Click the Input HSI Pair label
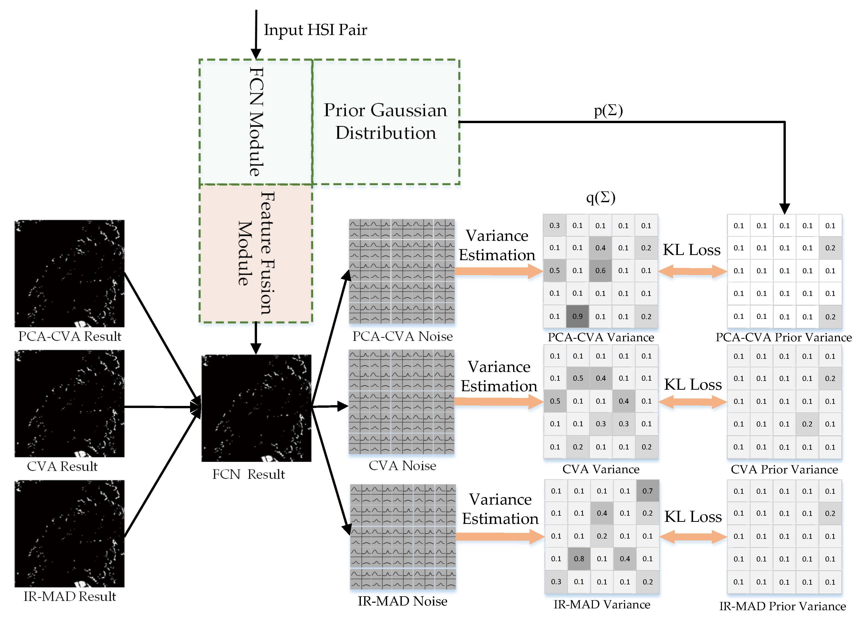(315, 30)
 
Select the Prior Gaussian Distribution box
(385, 122)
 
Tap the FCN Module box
(256, 122)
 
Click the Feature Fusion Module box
(256, 253)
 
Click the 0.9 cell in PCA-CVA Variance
(577, 316)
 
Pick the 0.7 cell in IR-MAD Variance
(648, 491)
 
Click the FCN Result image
(256, 408)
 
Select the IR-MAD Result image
(69, 534)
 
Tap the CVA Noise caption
(402, 466)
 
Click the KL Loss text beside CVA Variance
(693, 385)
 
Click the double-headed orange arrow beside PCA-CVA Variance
(692, 271)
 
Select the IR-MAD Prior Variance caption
(783, 606)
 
